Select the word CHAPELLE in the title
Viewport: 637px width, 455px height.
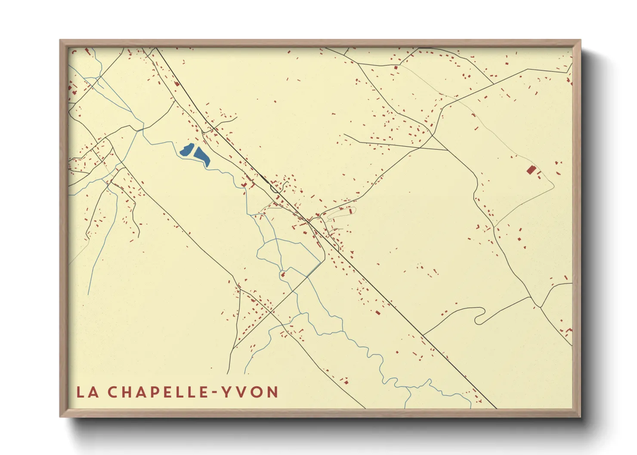pyautogui.click(x=159, y=392)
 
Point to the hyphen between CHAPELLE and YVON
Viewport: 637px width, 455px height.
pyautogui.click(x=215, y=393)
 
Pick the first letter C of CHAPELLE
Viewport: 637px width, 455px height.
pyautogui.click(x=112, y=392)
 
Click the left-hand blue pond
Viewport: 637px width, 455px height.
pyautogui.click(x=186, y=150)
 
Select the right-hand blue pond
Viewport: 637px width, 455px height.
pyautogui.click(x=202, y=156)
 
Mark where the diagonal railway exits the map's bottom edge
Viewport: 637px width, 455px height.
pyautogui.click(x=495, y=408)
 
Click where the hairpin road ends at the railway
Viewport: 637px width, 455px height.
pyautogui.click(x=423, y=335)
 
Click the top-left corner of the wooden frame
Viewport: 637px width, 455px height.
pyautogui.click(x=60, y=40)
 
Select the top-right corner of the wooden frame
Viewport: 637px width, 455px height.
pyautogui.click(x=581, y=40)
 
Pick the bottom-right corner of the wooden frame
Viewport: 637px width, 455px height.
pyautogui.click(x=581, y=417)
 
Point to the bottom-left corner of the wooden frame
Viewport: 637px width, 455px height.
pyautogui.click(x=60, y=417)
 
